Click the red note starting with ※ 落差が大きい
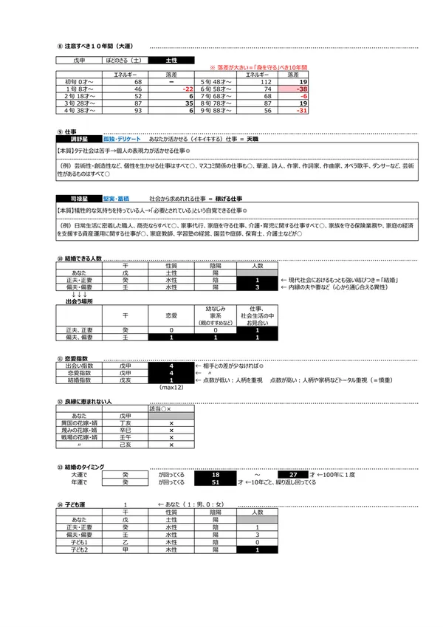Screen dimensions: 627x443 pos(255,67)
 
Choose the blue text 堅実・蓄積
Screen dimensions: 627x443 pos(115,199)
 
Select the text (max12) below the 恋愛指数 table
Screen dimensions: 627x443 pos(171,388)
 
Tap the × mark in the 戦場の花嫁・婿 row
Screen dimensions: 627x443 pos(171,437)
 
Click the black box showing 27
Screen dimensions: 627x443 pos(294,474)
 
